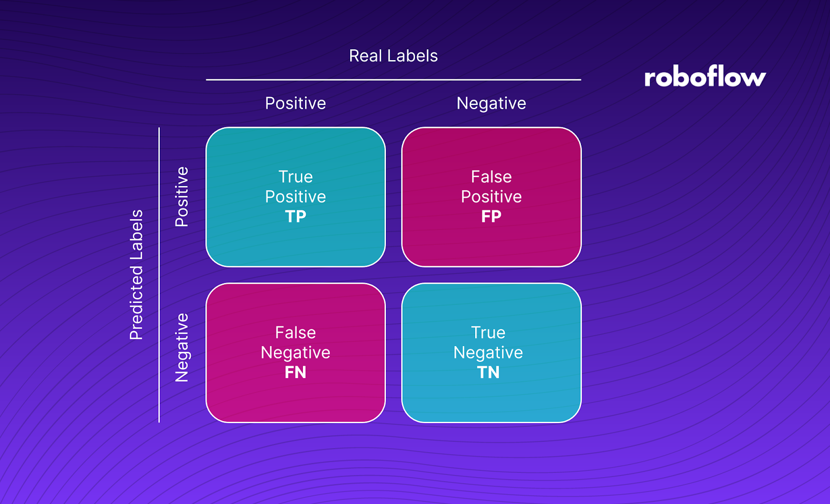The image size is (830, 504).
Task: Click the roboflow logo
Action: (704, 77)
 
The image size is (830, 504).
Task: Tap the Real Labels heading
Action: (393, 56)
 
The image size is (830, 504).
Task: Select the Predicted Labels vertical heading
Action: (136, 275)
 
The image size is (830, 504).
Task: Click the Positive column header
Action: (295, 103)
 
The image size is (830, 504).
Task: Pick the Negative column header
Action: (491, 104)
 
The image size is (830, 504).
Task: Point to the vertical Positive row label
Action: (182, 197)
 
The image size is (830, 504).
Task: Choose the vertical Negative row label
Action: (182, 348)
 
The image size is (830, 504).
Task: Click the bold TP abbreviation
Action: (295, 217)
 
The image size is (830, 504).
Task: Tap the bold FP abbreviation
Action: (491, 217)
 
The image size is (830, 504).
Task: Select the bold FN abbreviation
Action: (295, 372)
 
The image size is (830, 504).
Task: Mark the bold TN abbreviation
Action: (488, 372)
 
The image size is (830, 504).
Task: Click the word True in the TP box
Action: (295, 177)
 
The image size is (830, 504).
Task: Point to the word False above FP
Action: (491, 177)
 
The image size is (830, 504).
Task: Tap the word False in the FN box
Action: (295, 333)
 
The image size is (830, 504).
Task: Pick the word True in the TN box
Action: (488, 333)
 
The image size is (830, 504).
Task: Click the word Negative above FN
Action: (295, 353)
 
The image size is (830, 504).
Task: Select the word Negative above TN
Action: (488, 353)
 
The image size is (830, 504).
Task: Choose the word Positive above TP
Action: (295, 197)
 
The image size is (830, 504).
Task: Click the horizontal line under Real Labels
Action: (393, 80)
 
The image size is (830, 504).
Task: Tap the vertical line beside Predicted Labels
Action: (159, 275)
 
